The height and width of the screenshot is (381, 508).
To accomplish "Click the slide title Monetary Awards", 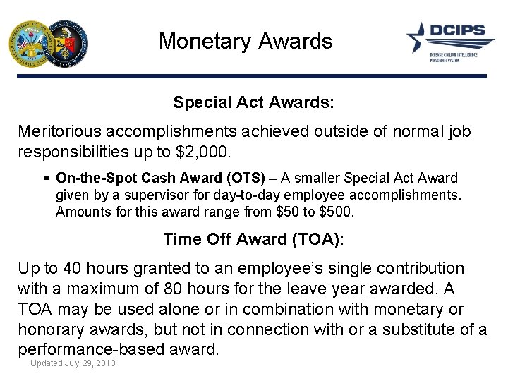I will tap(245, 41).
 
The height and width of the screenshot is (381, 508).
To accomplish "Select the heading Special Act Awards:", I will tap(253, 102).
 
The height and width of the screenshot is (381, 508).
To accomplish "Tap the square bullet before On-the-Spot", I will tap(46, 179).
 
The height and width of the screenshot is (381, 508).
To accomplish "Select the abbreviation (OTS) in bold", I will tap(243, 179).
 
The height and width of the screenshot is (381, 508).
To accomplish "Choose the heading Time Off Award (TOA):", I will tap(253, 239).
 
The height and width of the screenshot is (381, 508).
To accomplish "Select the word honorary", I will tap(54, 329).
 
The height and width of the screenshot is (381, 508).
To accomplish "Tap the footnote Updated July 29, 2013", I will tap(73, 363).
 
